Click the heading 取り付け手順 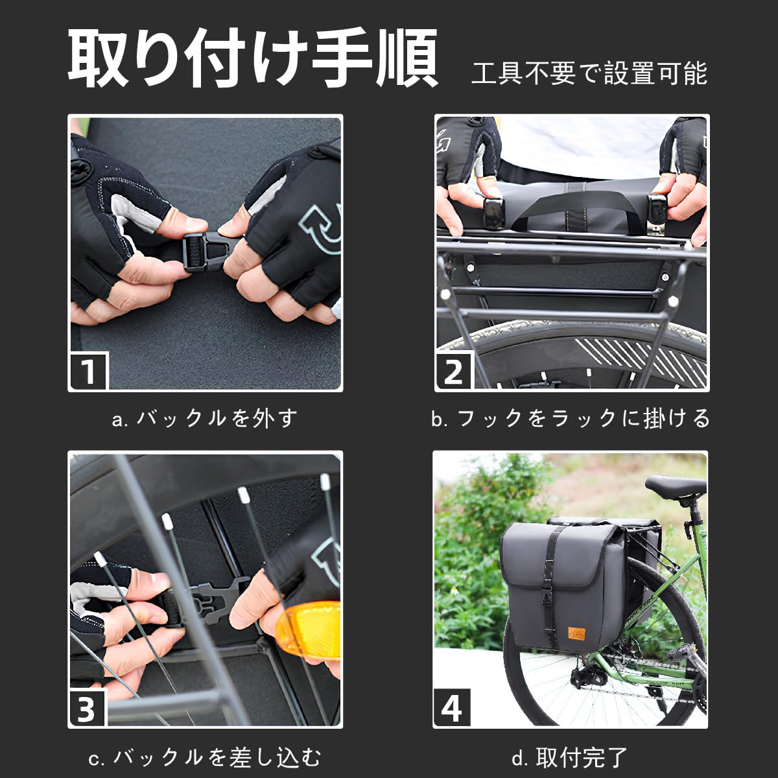[x=253, y=58]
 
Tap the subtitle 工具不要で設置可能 [x=589, y=73]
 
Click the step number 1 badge [x=89, y=370]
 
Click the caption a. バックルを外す [x=204, y=418]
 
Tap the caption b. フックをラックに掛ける [x=570, y=418]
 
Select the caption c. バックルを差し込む [x=204, y=757]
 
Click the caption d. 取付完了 [x=569, y=757]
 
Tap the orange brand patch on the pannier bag [x=576, y=633]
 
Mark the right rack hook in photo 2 [x=658, y=214]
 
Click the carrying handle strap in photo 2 [x=578, y=207]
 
